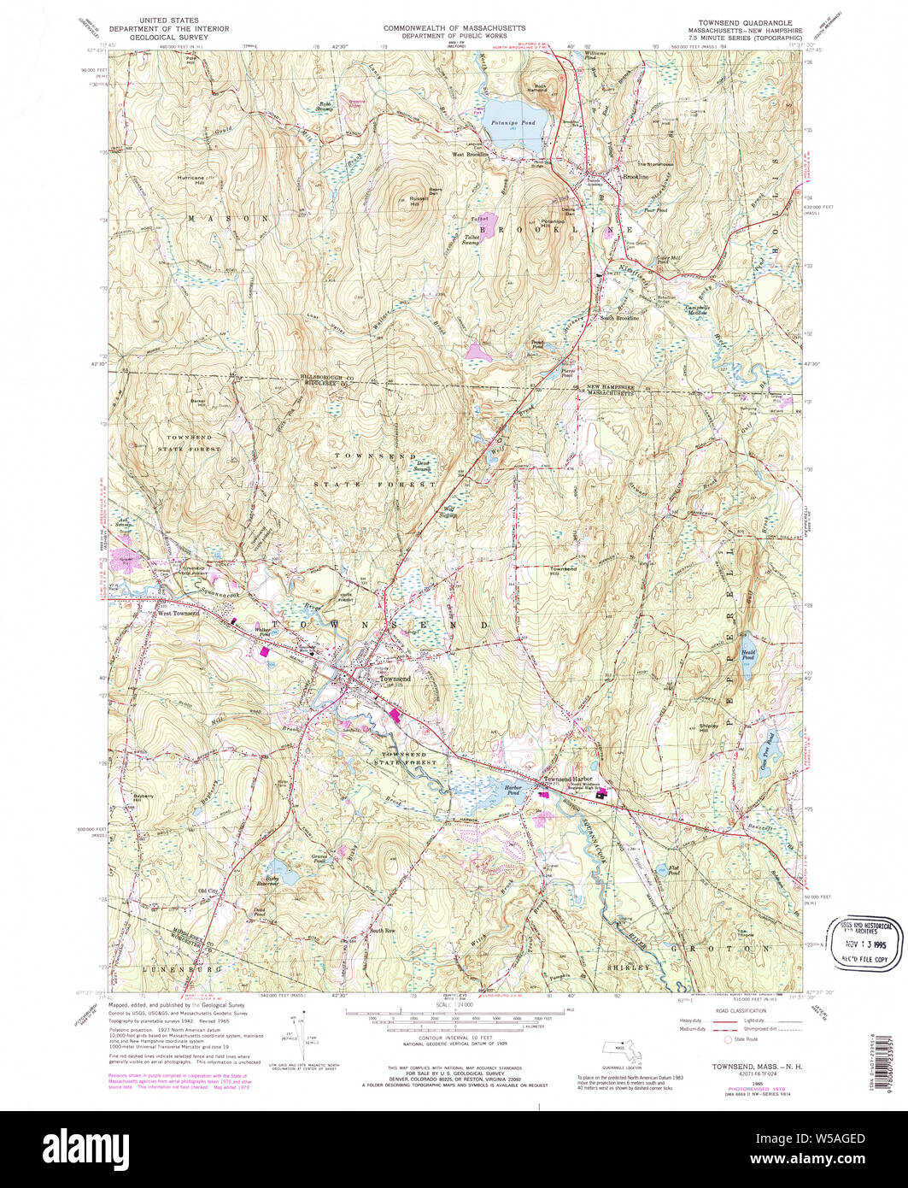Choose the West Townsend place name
coord(179,613)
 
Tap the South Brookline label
coord(619,318)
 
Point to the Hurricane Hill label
coord(190,179)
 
